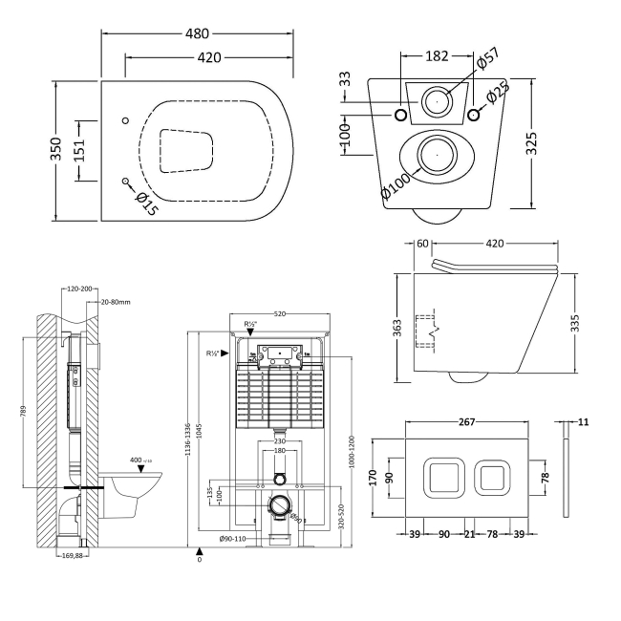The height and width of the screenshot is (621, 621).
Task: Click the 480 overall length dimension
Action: [198, 32]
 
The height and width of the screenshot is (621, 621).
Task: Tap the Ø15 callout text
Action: [145, 203]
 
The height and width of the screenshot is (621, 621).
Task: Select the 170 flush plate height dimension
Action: [373, 478]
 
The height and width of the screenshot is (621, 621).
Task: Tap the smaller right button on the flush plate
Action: [494, 477]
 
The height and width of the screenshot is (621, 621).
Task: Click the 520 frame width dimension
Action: [280, 313]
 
